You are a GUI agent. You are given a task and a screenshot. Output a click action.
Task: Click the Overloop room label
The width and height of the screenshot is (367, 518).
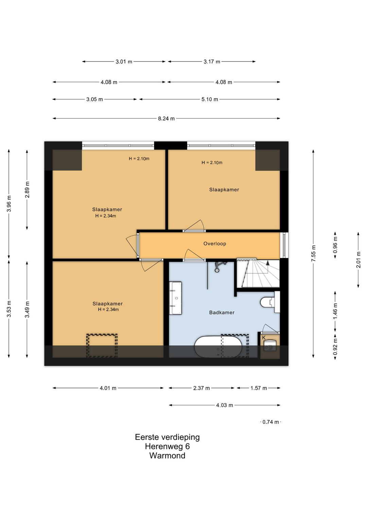click(215, 243)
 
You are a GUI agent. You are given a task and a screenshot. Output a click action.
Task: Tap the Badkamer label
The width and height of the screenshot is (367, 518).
click(222, 312)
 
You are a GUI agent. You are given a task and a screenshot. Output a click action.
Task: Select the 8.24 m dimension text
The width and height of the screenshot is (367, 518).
click(166, 118)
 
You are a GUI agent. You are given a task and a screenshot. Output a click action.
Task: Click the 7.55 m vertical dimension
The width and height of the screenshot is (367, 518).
click(313, 254)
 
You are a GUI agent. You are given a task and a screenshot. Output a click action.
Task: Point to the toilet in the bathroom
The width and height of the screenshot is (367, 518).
click(270, 302)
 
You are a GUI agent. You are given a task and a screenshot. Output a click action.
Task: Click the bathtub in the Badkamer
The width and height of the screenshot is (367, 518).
click(218, 347)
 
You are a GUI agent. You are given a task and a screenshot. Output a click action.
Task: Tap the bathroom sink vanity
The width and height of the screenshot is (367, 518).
click(175, 298)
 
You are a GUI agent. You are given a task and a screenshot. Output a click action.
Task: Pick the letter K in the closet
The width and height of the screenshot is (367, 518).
click(263, 338)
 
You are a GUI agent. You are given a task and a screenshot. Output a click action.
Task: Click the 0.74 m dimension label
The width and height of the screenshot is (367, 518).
click(270, 422)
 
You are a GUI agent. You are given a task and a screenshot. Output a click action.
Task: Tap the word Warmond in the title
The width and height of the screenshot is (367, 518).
click(167, 456)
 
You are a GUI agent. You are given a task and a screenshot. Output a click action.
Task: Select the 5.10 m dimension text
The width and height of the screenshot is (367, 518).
click(210, 99)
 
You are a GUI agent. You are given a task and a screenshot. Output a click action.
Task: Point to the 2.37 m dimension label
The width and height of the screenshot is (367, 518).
click(202, 388)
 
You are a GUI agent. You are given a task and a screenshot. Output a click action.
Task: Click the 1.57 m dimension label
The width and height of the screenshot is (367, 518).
click(259, 388)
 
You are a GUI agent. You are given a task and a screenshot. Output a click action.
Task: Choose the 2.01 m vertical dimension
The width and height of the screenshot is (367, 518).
click(358, 260)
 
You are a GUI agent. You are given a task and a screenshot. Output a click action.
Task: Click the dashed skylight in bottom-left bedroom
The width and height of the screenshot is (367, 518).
click(102, 346)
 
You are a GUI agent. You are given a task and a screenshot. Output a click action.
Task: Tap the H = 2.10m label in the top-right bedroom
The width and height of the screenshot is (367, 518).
click(212, 163)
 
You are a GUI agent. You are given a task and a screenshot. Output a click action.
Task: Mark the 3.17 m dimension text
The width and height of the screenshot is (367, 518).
click(212, 62)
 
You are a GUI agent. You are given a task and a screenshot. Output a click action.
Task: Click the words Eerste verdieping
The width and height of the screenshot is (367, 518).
click(167, 437)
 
